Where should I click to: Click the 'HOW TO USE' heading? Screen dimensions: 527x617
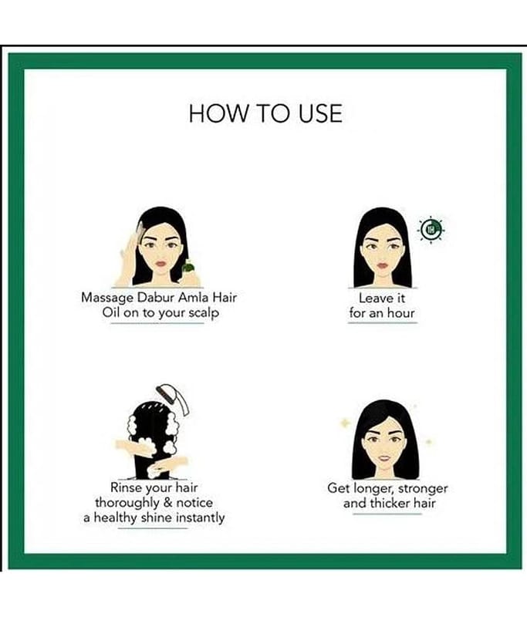click(265, 113)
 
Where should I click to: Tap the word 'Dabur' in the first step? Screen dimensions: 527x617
click(155, 297)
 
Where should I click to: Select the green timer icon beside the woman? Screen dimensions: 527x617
click(431, 229)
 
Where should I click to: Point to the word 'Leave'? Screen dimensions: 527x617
click(370, 298)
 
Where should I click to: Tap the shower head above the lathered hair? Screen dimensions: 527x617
click(173, 398)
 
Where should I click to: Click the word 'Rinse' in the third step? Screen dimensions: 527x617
click(127, 487)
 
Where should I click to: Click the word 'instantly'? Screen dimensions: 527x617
click(200, 518)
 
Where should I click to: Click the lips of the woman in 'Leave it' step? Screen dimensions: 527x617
click(382, 265)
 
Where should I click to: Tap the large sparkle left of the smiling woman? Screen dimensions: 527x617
click(345, 423)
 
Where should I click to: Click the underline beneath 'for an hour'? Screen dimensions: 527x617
click(383, 322)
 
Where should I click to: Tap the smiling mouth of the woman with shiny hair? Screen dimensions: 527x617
click(384, 458)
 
